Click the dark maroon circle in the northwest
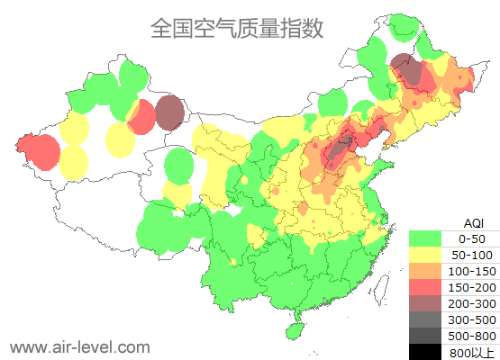click(x=169, y=112)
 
